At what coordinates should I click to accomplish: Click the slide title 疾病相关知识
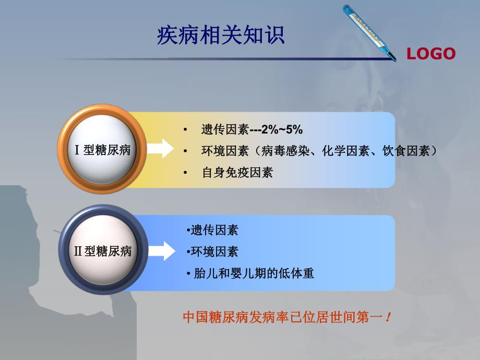(x=221, y=35)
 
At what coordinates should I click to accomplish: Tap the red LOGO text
(x=431, y=54)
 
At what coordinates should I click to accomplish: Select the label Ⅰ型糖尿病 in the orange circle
(x=103, y=150)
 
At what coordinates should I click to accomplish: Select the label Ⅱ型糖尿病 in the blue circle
(x=103, y=251)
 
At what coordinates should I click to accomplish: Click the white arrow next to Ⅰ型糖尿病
(x=161, y=148)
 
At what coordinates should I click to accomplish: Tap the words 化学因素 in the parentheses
(x=342, y=151)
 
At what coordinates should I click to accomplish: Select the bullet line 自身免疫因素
(x=237, y=173)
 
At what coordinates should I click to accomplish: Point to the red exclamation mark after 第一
(x=388, y=317)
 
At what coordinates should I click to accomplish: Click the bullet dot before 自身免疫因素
(x=185, y=173)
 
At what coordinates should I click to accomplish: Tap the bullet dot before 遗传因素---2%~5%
(x=185, y=129)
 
